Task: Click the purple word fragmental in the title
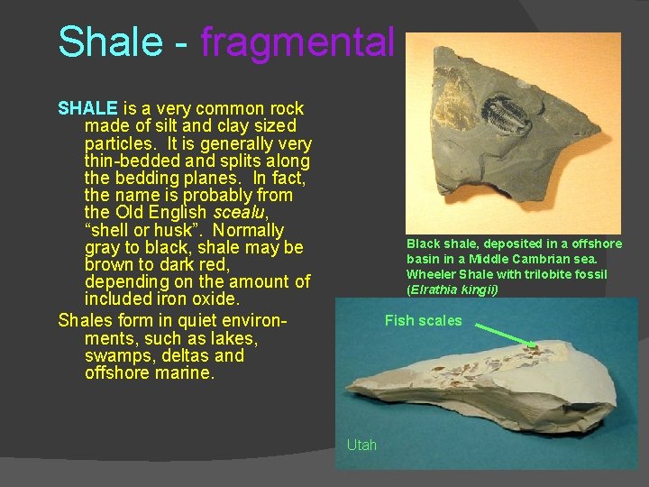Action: coord(297,41)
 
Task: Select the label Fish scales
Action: coord(423,320)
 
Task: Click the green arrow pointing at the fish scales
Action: coord(507,335)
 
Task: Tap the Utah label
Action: coord(361,445)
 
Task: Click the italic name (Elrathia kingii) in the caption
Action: coord(452,289)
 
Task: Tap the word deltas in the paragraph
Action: coord(182,355)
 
